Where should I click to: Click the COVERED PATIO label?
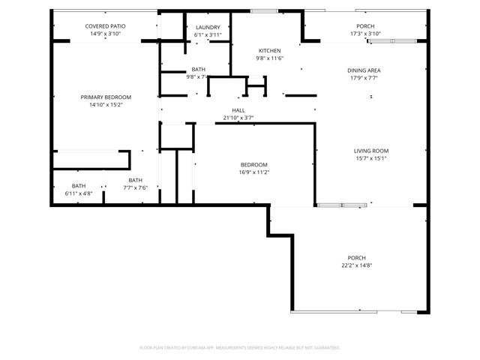pyautogui.click(x=105, y=26)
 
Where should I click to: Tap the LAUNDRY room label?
pyautogui.click(x=208, y=28)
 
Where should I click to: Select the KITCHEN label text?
pyautogui.click(x=269, y=50)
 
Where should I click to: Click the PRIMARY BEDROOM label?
pyautogui.click(x=106, y=97)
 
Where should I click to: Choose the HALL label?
pyautogui.click(x=238, y=110)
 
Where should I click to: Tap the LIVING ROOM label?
pyautogui.click(x=371, y=151)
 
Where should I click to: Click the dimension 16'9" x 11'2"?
pyautogui.click(x=253, y=172)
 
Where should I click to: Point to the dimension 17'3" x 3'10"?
pyautogui.click(x=366, y=34)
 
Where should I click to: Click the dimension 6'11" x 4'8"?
pyautogui.click(x=79, y=193)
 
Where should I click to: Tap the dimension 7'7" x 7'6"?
pyautogui.click(x=135, y=187)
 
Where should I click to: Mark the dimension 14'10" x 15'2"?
pyautogui.click(x=106, y=104)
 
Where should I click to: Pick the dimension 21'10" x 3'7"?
pyautogui.click(x=238, y=118)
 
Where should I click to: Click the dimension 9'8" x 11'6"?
pyautogui.click(x=269, y=58)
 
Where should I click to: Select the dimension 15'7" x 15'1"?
pyautogui.click(x=371, y=158)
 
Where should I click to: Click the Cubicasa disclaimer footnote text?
pyautogui.click(x=240, y=347)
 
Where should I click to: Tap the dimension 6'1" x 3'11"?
pyautogui.click(x=208, y=34)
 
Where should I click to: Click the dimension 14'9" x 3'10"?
pyautogui.click(x=105, y=34)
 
